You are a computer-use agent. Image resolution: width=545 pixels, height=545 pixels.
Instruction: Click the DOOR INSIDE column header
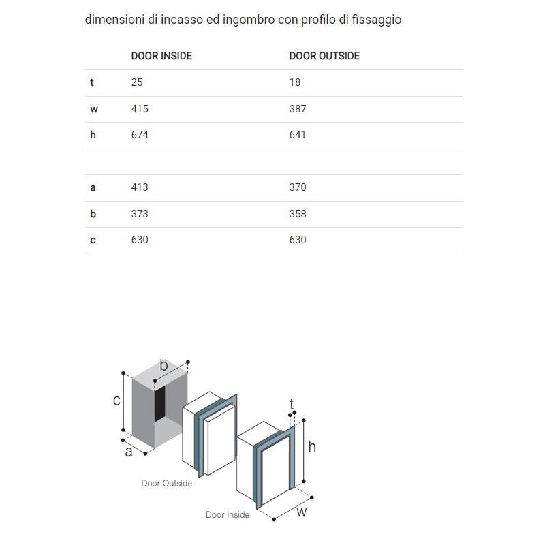point(161,56)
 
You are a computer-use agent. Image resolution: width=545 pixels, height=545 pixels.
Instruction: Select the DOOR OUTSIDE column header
point(324,56)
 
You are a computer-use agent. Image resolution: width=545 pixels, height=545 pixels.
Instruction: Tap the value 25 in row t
point(137,82)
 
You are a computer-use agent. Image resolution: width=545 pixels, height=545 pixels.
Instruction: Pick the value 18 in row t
point(295,82)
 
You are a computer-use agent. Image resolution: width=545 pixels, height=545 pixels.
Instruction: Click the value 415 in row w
point(140,109)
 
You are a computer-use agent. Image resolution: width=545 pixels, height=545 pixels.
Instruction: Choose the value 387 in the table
point(298,109)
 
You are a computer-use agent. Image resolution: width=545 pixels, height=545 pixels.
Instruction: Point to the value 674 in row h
point(140,135)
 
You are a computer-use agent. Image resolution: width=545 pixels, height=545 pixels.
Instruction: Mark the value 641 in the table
point(298,135)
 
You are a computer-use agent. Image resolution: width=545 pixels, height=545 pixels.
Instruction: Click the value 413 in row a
point(140,187)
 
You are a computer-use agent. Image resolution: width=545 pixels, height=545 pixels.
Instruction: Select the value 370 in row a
point(298,187)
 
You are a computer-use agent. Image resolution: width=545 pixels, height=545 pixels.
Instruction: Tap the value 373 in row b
point(140,214)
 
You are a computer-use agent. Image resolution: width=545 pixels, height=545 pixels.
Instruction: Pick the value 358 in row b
point(298,214)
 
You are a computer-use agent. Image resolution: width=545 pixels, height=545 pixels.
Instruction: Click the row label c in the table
point(93,240)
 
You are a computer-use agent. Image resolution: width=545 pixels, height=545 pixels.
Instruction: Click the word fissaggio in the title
point(376,20)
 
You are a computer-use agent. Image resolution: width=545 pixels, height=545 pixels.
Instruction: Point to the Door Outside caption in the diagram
point(167,483)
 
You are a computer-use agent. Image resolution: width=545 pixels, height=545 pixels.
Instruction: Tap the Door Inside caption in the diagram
point(228,515)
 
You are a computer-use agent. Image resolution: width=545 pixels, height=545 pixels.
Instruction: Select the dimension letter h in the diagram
point(312,447)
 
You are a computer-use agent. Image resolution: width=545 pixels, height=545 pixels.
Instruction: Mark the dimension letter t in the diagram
point(292,402)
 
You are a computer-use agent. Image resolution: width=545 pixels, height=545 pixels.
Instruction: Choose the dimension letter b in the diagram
point(163,365)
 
